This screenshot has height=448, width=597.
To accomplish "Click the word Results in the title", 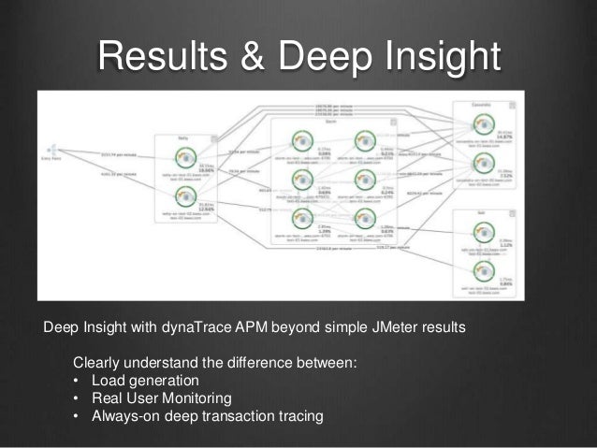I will tap(165, 57).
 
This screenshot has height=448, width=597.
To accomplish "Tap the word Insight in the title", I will tap(433, 57).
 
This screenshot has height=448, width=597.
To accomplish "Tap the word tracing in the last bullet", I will tap(297, 416).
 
